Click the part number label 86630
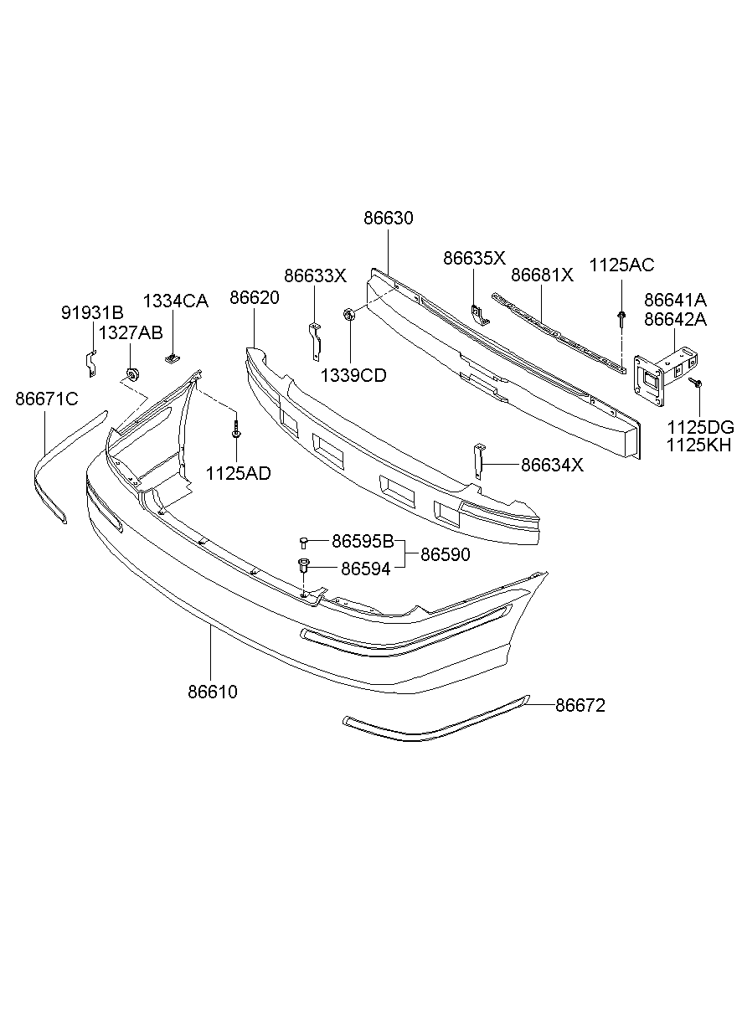point(389,219)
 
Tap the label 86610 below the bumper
point(213,692)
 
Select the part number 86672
point(580,706)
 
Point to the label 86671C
point(46,399)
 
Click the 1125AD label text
point(239,473)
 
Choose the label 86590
point(445,554)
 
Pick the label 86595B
point(363,541)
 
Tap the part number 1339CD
point(353,376)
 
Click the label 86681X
point(542,275)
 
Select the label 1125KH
point(698,445)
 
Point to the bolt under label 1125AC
point(621,317)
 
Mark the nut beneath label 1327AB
point(131,373)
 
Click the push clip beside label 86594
point(304,568)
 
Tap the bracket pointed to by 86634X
point(478,461)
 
